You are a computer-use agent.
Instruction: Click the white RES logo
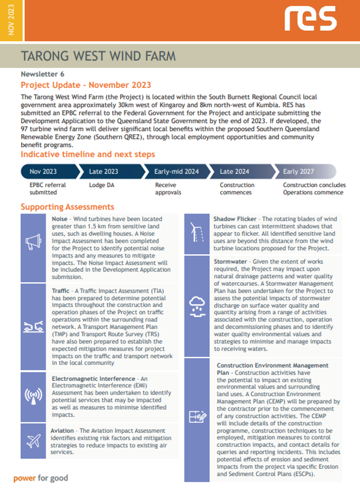coord(310,19)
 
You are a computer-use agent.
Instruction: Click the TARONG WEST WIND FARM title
coord(98,56)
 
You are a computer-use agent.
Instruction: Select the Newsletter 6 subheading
coord(42,74)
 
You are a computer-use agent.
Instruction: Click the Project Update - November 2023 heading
coord(86,85)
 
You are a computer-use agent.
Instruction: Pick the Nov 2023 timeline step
coord(43,172)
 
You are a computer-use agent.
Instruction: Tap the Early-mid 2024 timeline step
coord(176,172)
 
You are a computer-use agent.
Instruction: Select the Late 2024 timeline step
coord(235,172)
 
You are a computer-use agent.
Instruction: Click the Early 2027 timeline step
coord(298,172)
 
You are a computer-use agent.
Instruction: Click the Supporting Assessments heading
coord(67,207)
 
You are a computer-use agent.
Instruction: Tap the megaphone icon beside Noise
coord(33,242)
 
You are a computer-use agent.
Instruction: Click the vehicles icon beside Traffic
coord(33,327)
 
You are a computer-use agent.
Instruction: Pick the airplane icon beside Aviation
coord(33,440)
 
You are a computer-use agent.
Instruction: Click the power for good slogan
coord(41,478)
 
